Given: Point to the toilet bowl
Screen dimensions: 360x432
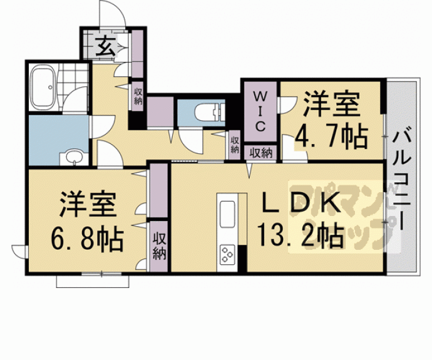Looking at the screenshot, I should [x=207, y=113].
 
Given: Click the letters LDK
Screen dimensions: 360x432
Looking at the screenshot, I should [x=301, y=203].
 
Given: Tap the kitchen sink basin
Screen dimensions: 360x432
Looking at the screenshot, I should [x=226, y=210].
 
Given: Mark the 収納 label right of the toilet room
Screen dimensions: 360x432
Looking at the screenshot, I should [x=235, y=145].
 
